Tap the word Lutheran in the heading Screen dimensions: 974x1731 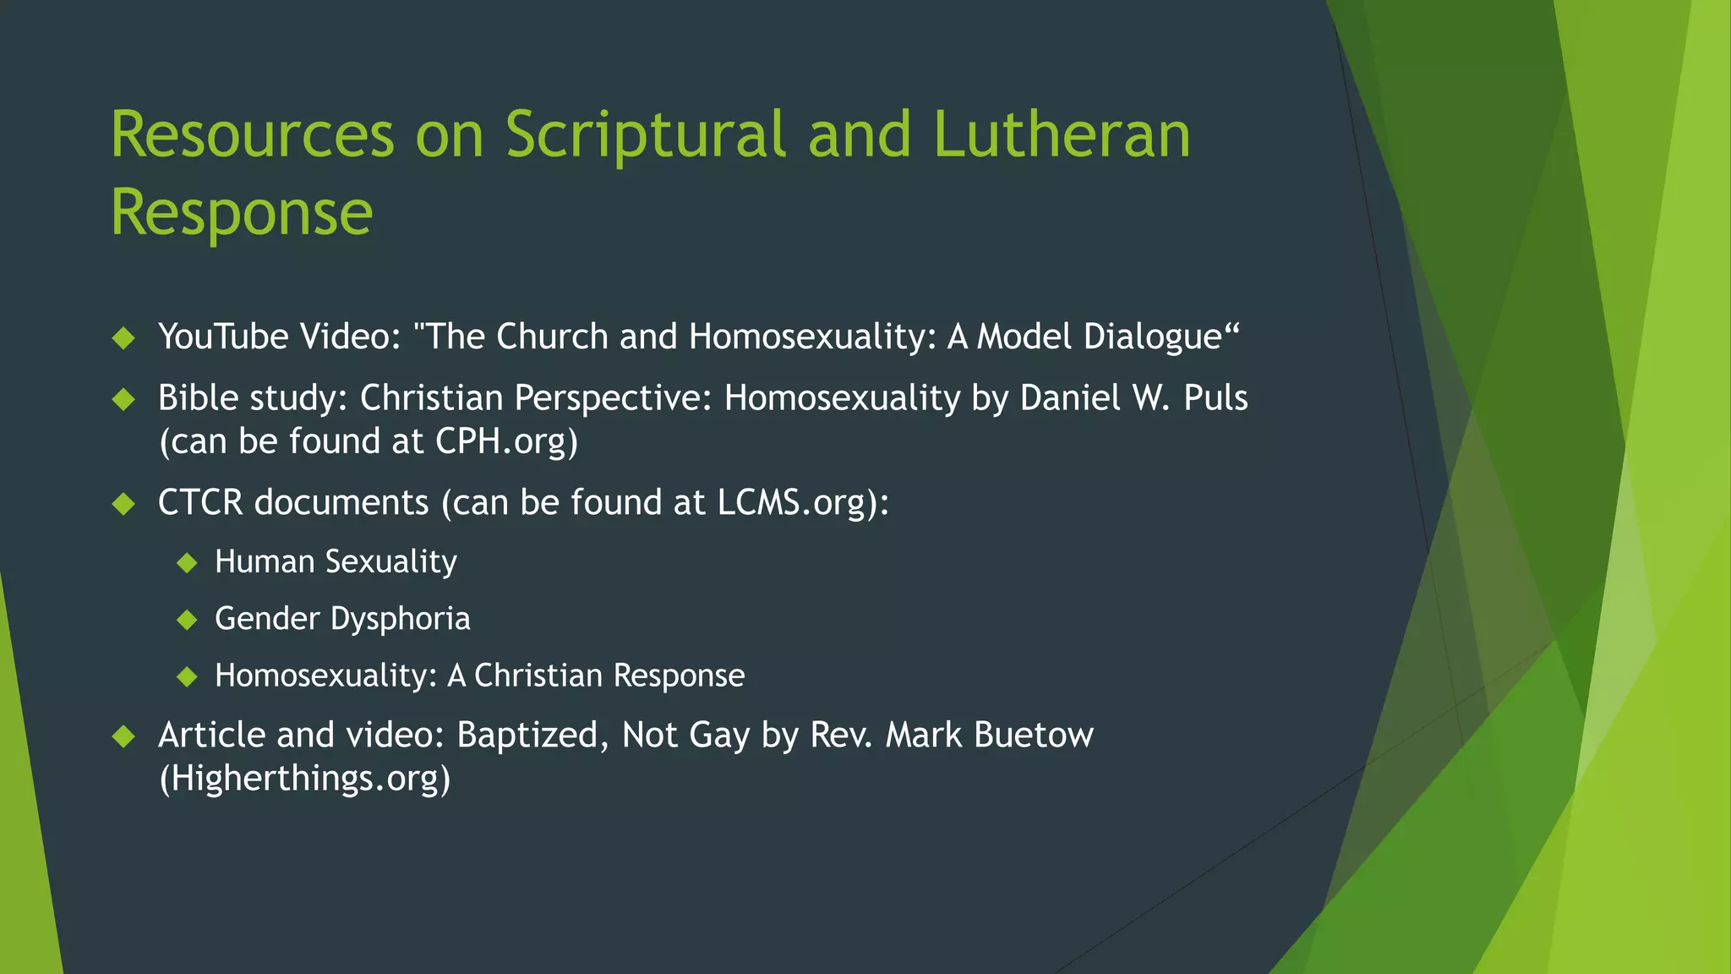(x=1062, y=135)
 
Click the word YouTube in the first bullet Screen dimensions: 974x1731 (x=224, y=337)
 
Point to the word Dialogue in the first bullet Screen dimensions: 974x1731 (x=1153, y=337)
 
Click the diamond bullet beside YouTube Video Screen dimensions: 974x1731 (x=123, y=338)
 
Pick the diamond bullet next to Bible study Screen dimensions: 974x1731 (x=123, y=399)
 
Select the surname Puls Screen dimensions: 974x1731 (x=1215, y=398)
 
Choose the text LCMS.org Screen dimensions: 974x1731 (x=792, y=502)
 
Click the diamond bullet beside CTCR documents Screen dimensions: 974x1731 (x=123, y=505)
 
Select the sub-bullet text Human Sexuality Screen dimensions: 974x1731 (x=336, y=561)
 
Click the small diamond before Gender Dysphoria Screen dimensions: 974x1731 (x=187, y=620)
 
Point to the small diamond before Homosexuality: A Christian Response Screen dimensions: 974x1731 (x=187, y=676)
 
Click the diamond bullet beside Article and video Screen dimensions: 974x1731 (x=123, y=736)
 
